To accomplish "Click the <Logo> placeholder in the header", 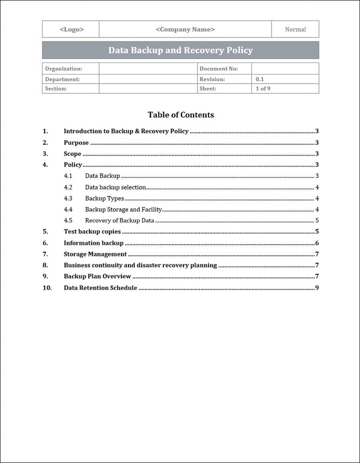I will click(71, 29).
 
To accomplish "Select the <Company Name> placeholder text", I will click(185, 29).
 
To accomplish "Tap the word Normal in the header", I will click(295, 29).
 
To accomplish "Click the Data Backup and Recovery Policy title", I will click(180, 50).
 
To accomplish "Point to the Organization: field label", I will click(63, 69).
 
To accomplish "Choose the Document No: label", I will click(218, 69).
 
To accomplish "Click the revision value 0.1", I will click(260, 79).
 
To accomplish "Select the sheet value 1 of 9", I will click(263, 89).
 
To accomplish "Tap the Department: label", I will click(62, 79).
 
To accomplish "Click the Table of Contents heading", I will click(180, 115).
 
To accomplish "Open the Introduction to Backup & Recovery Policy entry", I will click(126, 131).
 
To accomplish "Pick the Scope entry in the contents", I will click(72, 154).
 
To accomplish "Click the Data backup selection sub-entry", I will click(115, 187).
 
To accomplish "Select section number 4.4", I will click(68, 209).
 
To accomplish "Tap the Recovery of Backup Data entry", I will click(119, 220).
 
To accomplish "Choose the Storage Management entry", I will click(95, 254).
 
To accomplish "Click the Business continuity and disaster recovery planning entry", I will click(140, 265).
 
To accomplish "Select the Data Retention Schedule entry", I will click(100, 288).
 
